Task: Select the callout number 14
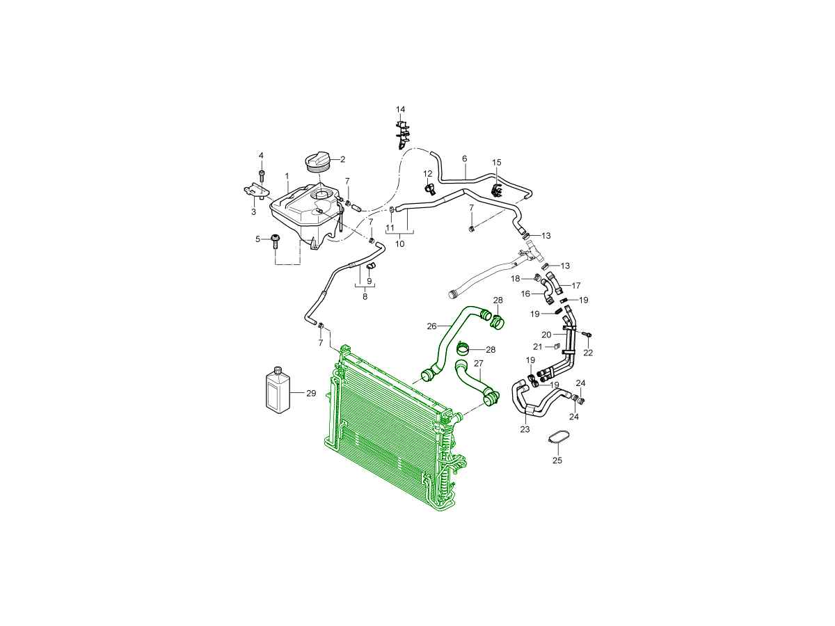tap(400, 109)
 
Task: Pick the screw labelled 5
tap(275, 241)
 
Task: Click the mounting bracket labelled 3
tap(256, 191)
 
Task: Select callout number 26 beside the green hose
tap(431, 326)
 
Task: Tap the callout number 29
tap(311, 394)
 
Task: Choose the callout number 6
tap(465, 159)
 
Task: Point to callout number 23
tap(525, 429)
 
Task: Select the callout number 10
tap(399, 243)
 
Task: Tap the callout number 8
tap(365, 296)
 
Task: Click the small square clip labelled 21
tap(556, 346)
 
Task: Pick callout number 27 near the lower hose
tap(478, 364)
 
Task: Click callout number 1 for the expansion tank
tap(287, 177)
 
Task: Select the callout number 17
tap(576, 285)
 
